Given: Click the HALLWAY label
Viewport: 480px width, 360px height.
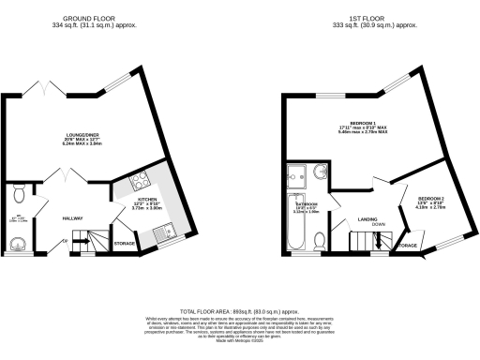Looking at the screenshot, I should (75, 217).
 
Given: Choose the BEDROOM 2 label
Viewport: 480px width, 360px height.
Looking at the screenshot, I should (430, 200).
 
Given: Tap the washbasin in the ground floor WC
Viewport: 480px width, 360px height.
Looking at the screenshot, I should (17, 243).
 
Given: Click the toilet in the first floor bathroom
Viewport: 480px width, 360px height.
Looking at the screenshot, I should (321, 243).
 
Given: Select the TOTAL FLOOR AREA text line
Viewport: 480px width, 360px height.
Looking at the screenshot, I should (239, 309).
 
